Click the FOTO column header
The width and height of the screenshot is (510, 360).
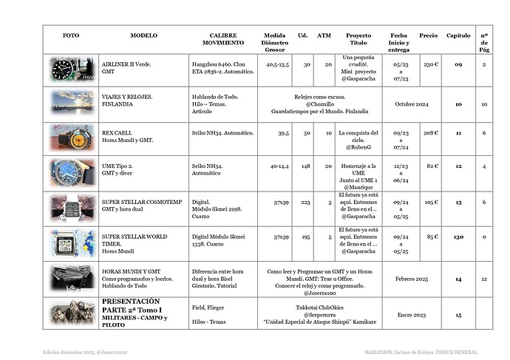click(71, 35)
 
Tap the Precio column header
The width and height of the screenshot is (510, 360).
click(428, 35)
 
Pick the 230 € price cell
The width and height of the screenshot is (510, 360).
click(432, 64)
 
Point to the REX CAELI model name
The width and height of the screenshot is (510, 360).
click(118, 133)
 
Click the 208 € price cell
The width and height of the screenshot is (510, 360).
click(432, 133)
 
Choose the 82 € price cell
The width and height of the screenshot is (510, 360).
click(433, 166)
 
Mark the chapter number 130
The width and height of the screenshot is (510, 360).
click(459, 237)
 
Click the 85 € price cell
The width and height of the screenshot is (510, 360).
click(433, 237)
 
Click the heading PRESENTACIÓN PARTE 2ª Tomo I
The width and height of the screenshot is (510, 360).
click(131, 306)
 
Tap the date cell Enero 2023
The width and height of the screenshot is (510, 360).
click(412, 314)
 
